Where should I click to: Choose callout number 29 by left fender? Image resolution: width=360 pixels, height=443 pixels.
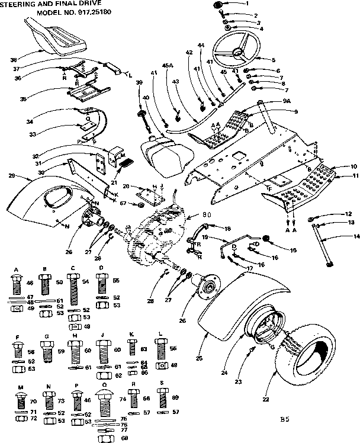click(12, 176)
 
